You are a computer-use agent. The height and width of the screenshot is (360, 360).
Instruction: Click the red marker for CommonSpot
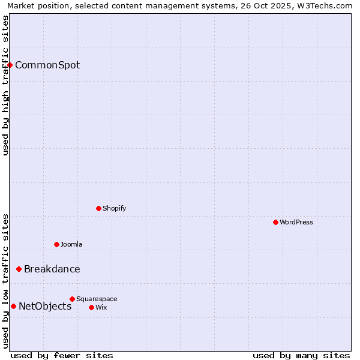coord(10,65)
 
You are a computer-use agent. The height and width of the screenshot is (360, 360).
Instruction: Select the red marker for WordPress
coord(275,222)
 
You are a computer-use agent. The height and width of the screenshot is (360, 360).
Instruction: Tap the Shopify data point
coord(98,208)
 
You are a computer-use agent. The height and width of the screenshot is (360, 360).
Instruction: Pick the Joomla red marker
coord(56,244)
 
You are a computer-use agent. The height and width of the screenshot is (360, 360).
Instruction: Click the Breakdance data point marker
coord(19,269)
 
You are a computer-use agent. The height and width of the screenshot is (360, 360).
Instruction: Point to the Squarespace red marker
coord(72,299)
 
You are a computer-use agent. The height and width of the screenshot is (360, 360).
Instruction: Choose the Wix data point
coord(91,307)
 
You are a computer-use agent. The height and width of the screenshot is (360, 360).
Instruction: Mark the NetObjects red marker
coord(13,306)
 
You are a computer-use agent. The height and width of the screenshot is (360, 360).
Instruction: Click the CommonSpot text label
coord(47,65)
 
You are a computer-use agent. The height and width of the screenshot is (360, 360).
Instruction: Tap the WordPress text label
coord(296,222)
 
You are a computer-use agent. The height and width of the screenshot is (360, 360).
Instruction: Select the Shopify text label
coord(114,208)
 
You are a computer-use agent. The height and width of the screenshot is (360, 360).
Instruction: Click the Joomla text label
coord(71,244)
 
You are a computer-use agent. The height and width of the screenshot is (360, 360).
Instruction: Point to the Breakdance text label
coord(52,269)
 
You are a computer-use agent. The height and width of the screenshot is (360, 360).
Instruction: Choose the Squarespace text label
coord(97,299)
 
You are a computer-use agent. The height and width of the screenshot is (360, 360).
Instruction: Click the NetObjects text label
coord(45,306)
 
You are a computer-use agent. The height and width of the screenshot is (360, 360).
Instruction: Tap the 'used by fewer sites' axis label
coord(62,355)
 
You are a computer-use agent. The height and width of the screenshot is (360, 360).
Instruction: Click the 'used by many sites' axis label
coord(301,355)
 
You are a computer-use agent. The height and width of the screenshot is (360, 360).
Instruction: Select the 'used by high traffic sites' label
coord(5,85)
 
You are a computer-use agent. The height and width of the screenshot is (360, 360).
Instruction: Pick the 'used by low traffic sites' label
coord(5,281)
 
